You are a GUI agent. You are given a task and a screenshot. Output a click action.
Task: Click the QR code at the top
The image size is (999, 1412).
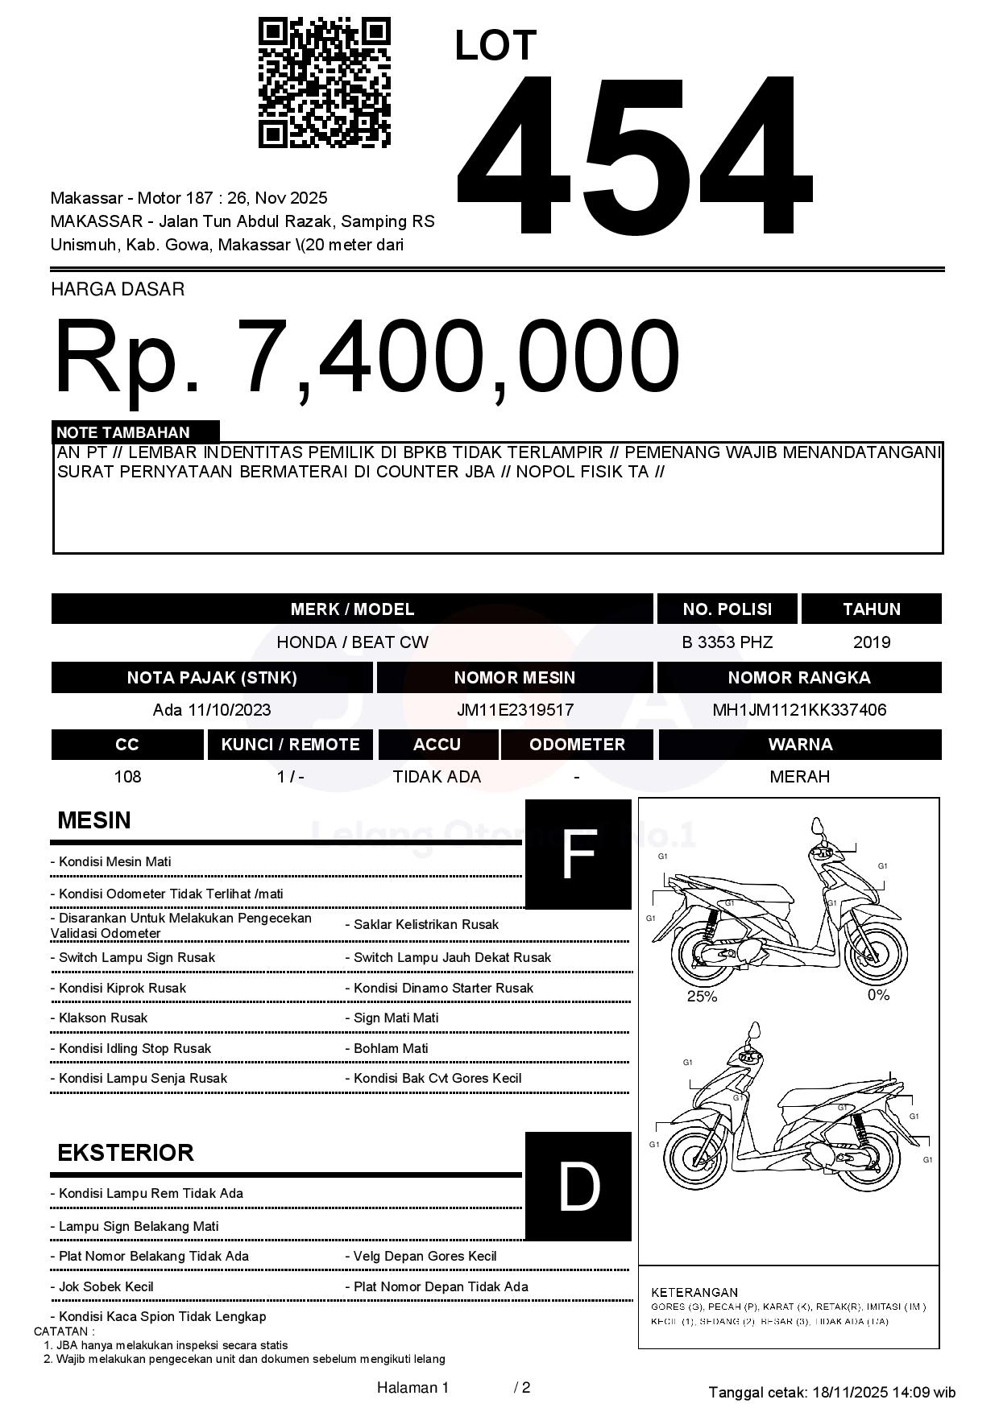coord(324,83)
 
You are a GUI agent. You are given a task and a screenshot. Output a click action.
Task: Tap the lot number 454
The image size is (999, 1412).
coord(633,153)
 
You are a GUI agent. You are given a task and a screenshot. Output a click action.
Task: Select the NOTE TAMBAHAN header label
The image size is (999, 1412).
coord(123,432)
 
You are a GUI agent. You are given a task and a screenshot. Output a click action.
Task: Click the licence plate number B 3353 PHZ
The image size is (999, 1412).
coord(727,642)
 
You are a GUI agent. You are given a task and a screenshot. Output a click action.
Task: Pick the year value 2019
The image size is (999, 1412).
coord(871,642)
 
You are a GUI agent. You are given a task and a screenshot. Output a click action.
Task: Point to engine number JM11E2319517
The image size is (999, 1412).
coord(515,710)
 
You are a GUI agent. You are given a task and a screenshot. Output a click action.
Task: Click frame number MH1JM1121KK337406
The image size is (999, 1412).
coord(799,710)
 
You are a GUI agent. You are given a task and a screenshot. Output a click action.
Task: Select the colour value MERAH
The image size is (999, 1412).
coord(799,777)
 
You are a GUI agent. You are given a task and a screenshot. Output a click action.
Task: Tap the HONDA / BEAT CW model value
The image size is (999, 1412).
coord(352,642)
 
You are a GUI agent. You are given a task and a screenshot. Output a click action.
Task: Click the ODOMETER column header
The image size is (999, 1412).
coord(577,745)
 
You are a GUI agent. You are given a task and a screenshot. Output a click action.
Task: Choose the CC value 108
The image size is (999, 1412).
coord(127,777)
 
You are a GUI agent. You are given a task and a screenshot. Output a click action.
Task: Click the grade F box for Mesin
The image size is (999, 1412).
coord(578,854)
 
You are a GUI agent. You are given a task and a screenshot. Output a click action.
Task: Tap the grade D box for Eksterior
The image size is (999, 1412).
coord(578,1186)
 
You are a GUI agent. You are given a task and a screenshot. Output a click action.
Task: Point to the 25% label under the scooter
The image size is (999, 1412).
coord(702,997)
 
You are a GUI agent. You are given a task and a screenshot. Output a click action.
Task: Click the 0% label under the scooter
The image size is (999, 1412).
coord(878,996)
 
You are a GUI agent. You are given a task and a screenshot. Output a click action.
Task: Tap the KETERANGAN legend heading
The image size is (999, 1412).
coord(694,1292)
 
